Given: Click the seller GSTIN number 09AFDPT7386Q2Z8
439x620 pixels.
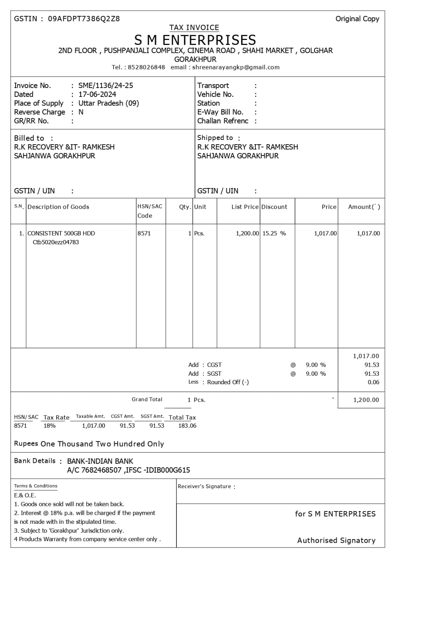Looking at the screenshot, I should [x=84, y=19].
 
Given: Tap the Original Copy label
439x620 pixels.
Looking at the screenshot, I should [x=357, y=19].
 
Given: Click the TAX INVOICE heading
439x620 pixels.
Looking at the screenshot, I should [x=194, y=28].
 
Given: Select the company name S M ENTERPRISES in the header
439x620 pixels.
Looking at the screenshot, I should [x=195, y=40].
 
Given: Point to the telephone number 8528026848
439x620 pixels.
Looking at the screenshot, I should [x=146, y=67].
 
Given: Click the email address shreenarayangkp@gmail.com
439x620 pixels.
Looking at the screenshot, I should [x=236, y=67].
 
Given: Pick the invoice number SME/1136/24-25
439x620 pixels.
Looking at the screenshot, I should [x=105, y=85].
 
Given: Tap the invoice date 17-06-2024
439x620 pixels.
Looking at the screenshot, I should [x=97, y=94].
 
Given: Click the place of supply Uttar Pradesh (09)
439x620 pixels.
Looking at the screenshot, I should [x=109, y=103].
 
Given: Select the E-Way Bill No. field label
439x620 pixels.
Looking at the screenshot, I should [x=220, y=112].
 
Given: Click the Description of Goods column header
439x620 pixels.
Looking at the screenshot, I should [x=58, y=207].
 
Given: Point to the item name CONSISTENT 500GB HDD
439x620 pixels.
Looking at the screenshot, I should [x=61, y=233].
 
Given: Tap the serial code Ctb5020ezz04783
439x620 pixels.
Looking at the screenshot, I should [x=55, y=242].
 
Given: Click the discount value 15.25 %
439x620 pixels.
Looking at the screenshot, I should [x=274, y=233].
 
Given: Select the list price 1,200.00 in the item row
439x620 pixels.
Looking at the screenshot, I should [x=247, y=233].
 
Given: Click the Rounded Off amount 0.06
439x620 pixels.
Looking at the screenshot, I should [x=373, y=382].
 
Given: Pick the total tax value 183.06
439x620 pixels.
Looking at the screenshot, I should [x=187, y=426].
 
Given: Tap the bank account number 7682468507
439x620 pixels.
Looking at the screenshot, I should [x=101, y=470].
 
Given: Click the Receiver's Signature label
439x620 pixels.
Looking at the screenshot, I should [x=204, y=486].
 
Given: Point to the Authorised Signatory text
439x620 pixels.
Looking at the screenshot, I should [x=336, y=541].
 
